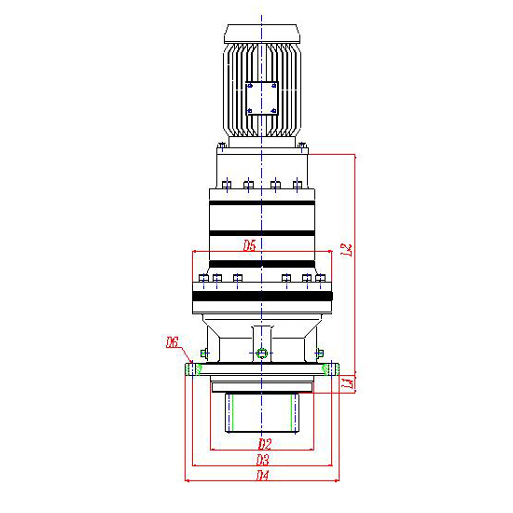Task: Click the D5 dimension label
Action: tap(249, 245)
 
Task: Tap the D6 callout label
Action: tap(172, 342)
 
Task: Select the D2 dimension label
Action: tap(265, 444)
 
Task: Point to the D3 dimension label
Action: tap(263, 460)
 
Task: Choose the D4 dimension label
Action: tap(262, 475)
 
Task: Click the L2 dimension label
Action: tap(347, 250)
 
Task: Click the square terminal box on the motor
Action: tap(262, 98)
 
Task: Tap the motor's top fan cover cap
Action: tap(262, 34)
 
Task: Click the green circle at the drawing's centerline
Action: tap(262, 354)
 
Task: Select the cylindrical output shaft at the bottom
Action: tap(262, 412)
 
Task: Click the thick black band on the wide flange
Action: tap(262, 296)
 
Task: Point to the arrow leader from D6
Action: tap(186, 356)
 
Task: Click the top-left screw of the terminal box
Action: tap(250, 86)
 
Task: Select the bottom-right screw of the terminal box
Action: tap(274, 111)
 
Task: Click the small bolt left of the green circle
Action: tap(204, 354)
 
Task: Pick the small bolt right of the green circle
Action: tap(320, 354)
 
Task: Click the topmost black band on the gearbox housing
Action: tap(262, 202)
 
